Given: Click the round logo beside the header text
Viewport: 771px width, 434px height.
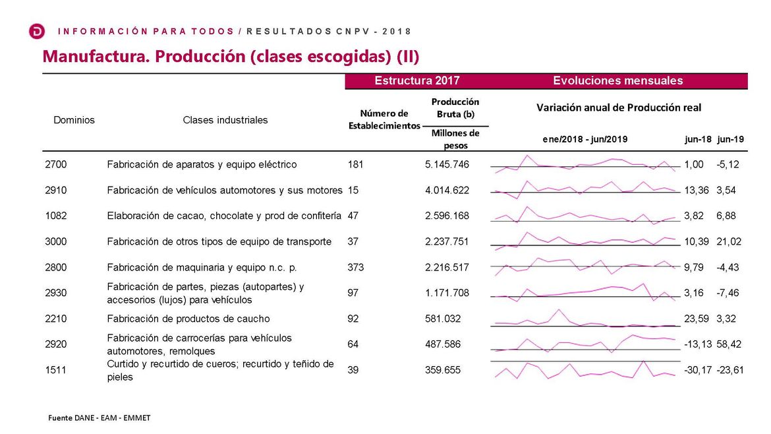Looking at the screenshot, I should click(x=38, y=31).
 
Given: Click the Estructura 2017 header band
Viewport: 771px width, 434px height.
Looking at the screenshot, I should click(x=416, y=81).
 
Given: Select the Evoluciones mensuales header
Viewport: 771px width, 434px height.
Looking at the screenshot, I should click(x=617, y=81).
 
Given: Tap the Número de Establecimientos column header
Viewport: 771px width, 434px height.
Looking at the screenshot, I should click(x=384, y=119).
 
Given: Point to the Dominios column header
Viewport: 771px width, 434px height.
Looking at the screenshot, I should click(x=74, y=120).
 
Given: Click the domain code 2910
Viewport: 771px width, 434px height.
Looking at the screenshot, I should click(x=56, y=190).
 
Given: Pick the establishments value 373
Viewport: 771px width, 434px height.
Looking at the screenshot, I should click(x=355, y=267).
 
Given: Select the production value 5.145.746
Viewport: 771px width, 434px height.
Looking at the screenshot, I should click(x=447, y=164).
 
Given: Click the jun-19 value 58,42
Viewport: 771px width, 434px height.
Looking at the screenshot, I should click(x=730, y=344).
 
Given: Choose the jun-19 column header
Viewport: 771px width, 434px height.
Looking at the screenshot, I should click(x=730, y=139).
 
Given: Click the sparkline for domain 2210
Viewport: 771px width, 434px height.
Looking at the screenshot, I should click(x=585, y=319).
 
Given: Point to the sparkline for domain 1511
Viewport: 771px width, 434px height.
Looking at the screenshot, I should click(x=585, y=371).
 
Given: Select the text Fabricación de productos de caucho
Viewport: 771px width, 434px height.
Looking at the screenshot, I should click(x=188, y=319).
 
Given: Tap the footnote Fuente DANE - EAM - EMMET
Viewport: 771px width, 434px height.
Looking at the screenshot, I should click(x=100, y=418).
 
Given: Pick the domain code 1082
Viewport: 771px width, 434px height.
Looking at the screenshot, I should click(x=56, y=216).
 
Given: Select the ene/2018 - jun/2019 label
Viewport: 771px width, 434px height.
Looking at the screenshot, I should click(x=585, y=139).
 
